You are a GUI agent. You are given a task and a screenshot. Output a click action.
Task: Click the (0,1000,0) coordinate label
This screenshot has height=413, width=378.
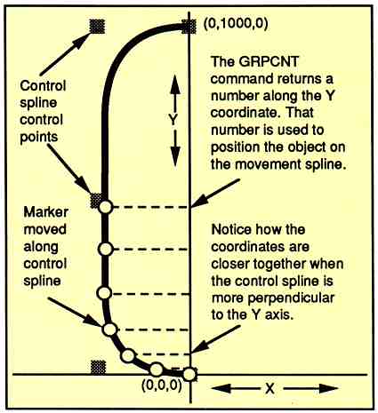pyautogui.click(x=236, y=24)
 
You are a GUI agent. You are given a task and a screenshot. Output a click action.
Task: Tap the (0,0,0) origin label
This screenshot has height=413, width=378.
pyautogui.click(x=162, y=385)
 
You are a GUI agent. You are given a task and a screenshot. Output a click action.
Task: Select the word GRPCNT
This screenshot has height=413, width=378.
pyautogui.click(x=268, y=61)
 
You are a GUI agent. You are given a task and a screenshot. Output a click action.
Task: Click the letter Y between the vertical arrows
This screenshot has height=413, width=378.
pyautogui.click(x=173, y=120)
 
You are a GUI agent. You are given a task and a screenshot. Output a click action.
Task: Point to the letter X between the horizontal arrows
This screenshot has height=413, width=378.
pyautogui.click(x=269, y=388)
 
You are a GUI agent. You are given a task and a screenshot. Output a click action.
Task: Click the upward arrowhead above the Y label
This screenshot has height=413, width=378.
pyautogui.click(x=175, y=84)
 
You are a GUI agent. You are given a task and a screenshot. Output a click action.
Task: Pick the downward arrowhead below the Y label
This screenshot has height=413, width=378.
pyautogui.click(x=175, y=156)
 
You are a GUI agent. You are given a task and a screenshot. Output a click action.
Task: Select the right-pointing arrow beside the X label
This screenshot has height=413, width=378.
pyautogui.click(x=310, y=388)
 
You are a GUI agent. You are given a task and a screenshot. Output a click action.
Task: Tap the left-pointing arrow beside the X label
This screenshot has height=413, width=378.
pyautogui.click(x=235, y=388)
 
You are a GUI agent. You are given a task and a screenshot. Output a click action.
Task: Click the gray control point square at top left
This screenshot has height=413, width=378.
pyautogui.click(x=97, y=26)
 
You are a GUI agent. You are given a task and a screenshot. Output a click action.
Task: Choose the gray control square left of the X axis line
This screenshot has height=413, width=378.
pyautogui.click(x=98, y=368)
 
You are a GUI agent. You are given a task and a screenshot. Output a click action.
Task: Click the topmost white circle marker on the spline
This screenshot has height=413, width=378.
pyautogui.click(x=105, y=207)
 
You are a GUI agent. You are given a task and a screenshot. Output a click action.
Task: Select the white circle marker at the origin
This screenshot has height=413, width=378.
pyautogui.click(x=189, y=374)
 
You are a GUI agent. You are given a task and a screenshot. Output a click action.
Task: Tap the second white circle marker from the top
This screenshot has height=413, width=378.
pyautogui.click(x=105, y=250)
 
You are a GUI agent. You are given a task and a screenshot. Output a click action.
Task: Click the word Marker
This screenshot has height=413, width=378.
pyautogui.click(x=45, y=212)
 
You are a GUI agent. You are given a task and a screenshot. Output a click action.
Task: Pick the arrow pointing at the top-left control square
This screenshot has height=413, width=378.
pyautogui.click(x=66, y=53)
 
